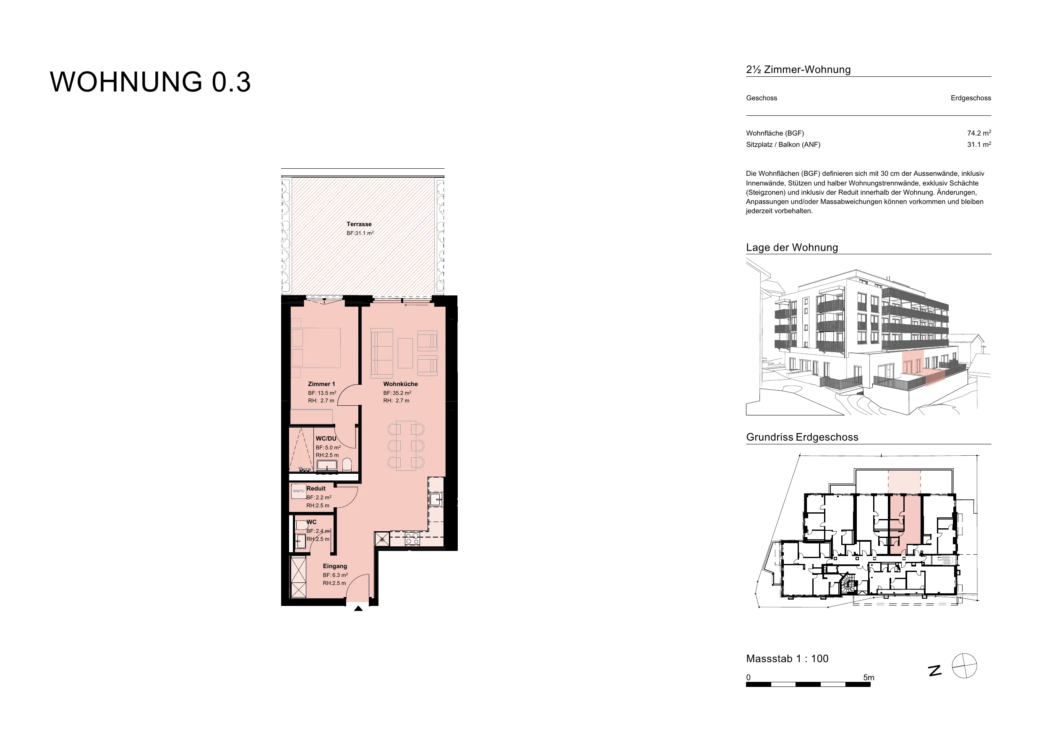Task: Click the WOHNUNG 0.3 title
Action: tap(150, 82)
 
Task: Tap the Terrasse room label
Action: tap(359, 224)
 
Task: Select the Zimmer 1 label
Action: tap(321, 384)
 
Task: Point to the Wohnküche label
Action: tap(400, 384)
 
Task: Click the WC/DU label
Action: tap(326, 438)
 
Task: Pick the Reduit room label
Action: tap(316, 488)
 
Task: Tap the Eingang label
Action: tap(335, 566)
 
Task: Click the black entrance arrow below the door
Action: tap(358, 608)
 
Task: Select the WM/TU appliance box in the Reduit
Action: tap(299, 491)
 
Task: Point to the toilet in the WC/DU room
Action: tap(347, 465)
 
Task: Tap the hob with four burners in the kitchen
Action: tap(412, 539)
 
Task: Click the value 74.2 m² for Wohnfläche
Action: tap(979, 133)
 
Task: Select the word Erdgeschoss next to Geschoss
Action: tap(971, 98)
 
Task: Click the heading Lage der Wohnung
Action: tap(792, 248)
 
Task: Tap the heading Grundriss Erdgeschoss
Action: tap(802, 437)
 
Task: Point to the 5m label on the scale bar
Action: tap(869, 678)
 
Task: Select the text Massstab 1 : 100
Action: tap(787, 658)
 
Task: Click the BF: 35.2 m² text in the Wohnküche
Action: tap(397, 393)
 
